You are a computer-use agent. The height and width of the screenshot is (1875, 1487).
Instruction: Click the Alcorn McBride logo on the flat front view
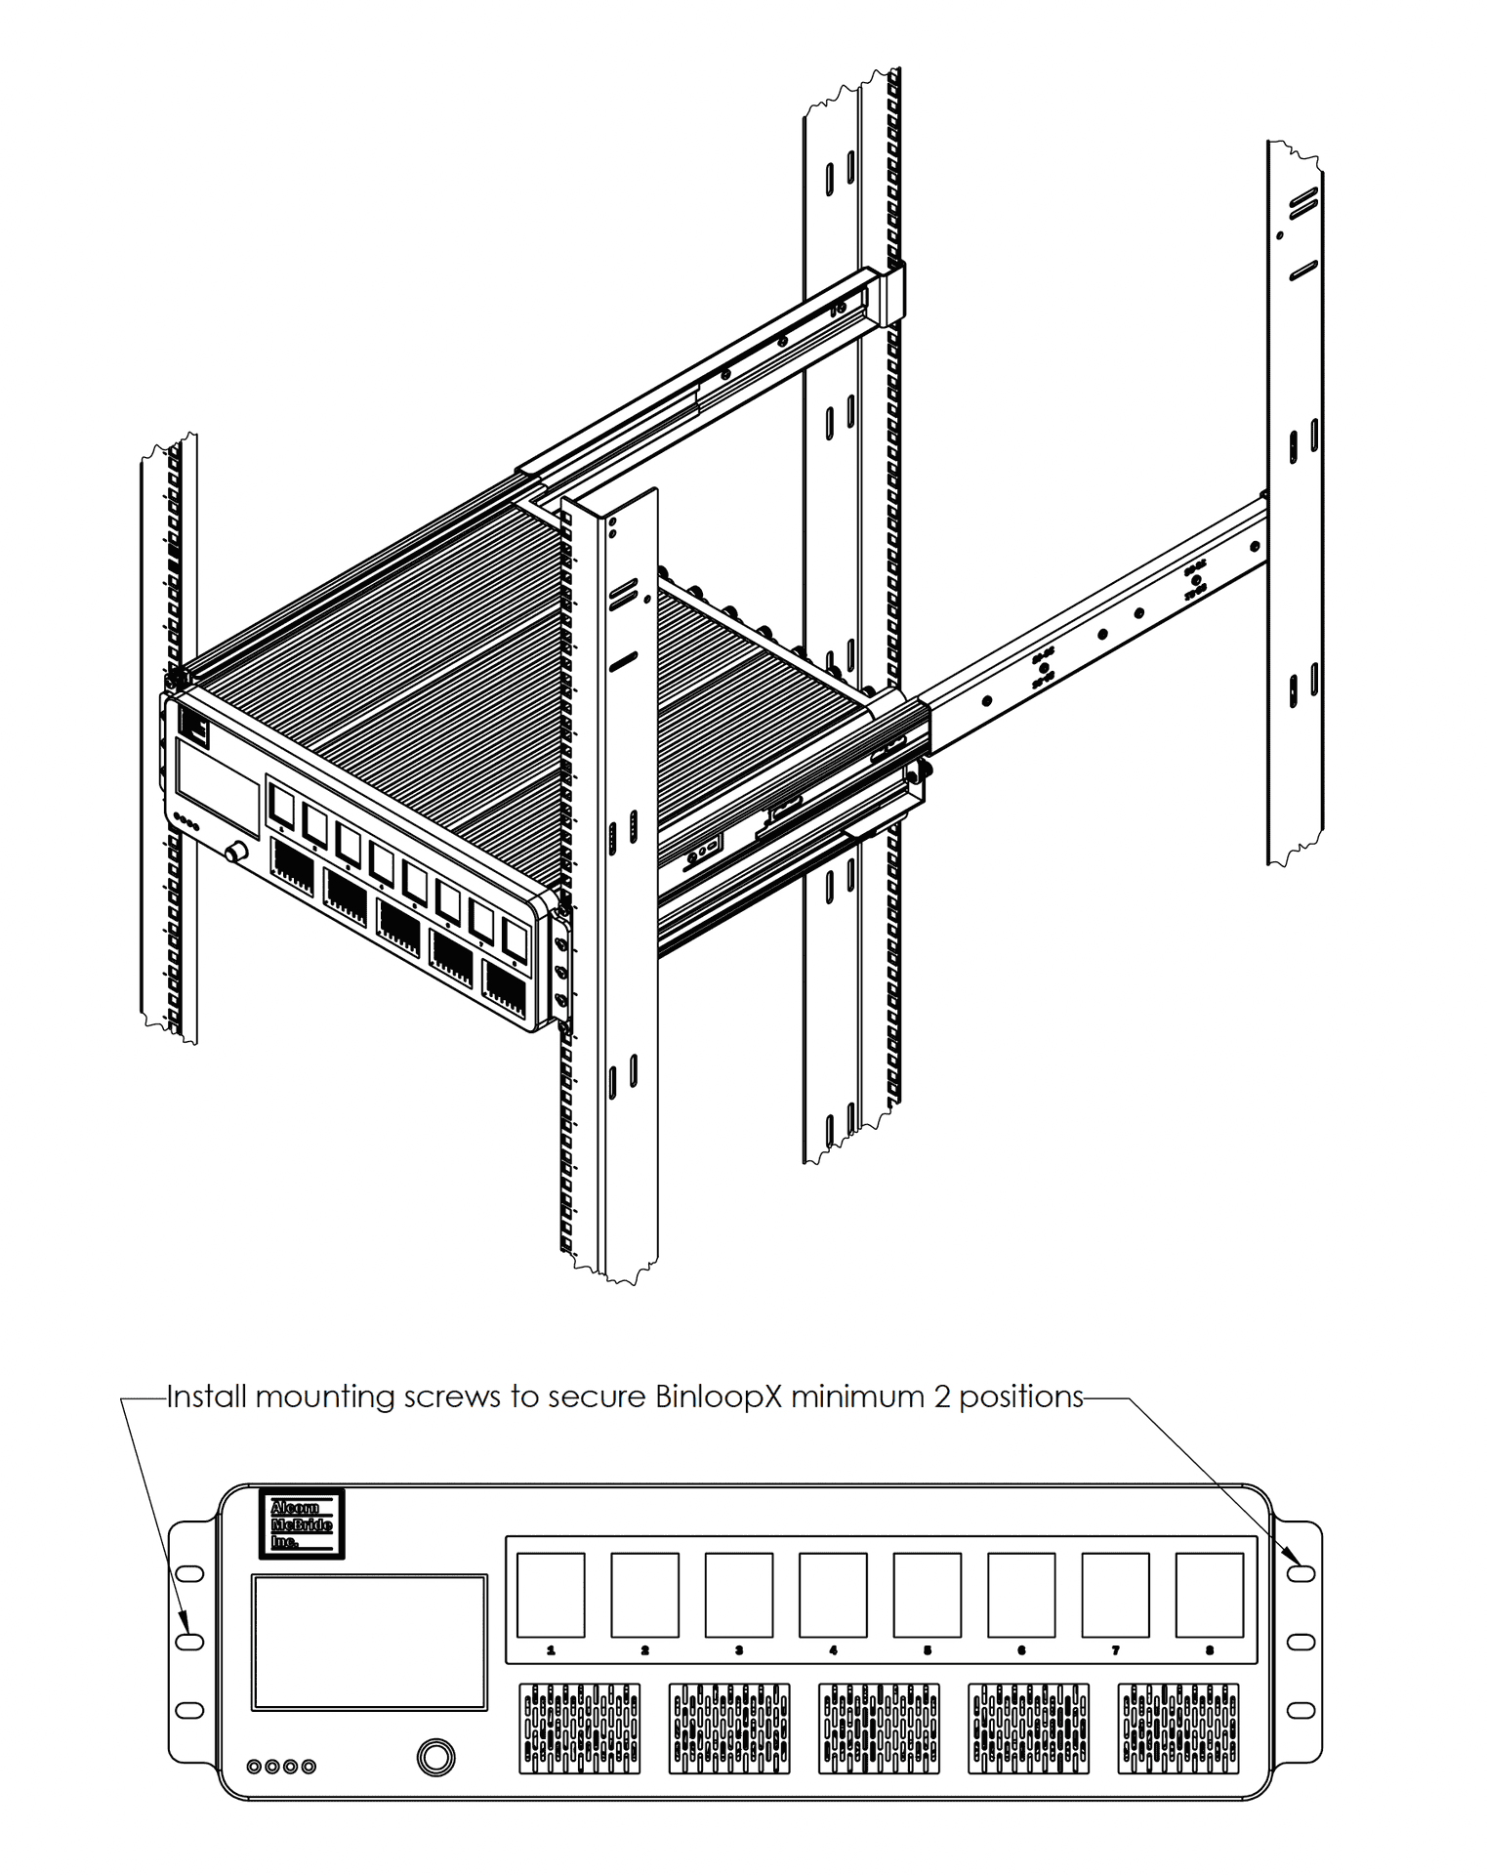coord(302,1523)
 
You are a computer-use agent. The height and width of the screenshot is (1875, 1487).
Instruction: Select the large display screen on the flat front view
coord(369,1642)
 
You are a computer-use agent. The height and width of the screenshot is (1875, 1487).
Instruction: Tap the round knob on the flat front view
coord(435,1757)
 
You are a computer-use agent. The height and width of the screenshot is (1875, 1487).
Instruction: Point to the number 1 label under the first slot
coord(551,1650)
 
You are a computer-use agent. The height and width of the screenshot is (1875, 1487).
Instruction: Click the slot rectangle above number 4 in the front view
coord(833,1595)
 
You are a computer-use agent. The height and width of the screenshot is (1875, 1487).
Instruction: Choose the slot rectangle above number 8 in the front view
coord(1209,1595)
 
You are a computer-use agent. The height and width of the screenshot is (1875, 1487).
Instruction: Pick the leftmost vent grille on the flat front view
coord(580,1729)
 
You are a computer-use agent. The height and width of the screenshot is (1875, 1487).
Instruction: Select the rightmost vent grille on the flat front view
coord(1178,1729)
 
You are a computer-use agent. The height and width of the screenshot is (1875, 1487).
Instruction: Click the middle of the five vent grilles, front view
coord(879,1729)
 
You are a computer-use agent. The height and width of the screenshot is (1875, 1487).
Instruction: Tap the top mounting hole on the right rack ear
coord(1301,1573)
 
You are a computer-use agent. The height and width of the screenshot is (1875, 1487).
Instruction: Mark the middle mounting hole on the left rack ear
coord(189,1642)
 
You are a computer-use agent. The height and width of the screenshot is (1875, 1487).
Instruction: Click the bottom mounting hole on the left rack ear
coord(189,1710)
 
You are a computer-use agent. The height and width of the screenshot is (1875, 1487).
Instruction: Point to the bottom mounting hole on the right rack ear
coord(1301,1710)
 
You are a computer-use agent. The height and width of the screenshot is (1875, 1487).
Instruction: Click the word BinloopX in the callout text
coord(719,1396)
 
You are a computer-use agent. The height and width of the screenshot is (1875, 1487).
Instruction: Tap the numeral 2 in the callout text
coord(941,1396)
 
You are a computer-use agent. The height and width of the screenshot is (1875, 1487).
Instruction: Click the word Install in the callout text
coord(206,1396)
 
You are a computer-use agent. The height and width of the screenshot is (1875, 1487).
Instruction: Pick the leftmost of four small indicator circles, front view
coord(255,1766)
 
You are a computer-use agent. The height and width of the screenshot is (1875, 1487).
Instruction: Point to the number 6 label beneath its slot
coord(1021,1650)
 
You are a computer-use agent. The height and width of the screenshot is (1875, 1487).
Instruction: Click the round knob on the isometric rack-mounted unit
coord(235,853)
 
